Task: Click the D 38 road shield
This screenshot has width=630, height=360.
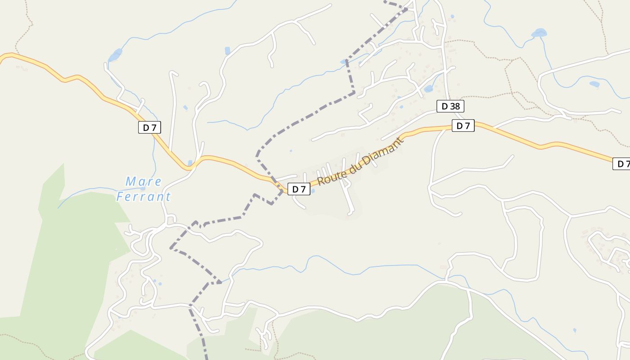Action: tap(450, 106)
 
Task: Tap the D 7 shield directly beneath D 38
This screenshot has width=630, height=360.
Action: tap(463, 126)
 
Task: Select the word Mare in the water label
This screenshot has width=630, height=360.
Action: tap(144, 182)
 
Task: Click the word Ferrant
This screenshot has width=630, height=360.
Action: tap(144, 197)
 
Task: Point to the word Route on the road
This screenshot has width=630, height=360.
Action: tap(328, 176)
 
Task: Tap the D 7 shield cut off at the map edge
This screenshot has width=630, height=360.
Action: tap(621, 164)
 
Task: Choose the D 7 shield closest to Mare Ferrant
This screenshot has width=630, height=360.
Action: tap(149, 127)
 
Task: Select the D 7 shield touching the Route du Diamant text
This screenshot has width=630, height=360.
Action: tap(299, 189)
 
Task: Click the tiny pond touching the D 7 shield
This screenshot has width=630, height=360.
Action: tap(312, 191)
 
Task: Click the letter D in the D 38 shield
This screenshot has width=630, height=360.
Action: tap(445, 106)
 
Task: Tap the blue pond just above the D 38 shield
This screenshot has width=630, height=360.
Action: tap(428, 89)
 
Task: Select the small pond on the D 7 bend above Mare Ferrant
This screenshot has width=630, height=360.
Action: tap(190, 163)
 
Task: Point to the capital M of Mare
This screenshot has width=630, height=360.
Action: tap(131, 182)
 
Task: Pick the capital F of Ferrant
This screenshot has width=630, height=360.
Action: tap(120, 197)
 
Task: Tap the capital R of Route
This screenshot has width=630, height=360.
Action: tap(320, 181)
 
